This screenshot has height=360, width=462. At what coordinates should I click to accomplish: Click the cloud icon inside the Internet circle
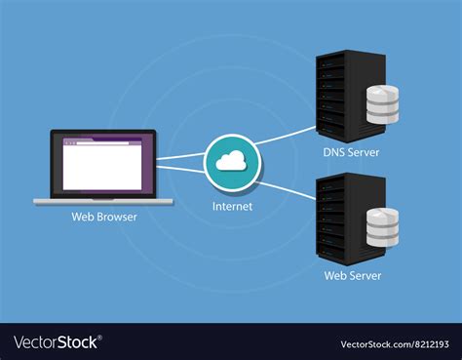pos(232,161)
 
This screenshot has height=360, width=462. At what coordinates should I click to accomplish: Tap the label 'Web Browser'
pos(104,217)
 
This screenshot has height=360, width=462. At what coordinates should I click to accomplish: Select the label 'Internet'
pos(232,206)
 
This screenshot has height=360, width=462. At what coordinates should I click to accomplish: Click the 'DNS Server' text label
pos(351,151)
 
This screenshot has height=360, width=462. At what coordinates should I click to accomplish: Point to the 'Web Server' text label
pos(351,275)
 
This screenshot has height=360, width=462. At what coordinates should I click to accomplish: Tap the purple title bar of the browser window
pos(102,140)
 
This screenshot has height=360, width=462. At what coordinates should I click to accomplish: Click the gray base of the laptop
pos(103,201)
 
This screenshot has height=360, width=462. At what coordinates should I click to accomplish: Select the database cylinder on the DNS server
pos(383,104)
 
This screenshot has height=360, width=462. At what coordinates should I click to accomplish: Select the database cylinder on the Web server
pos(383,227)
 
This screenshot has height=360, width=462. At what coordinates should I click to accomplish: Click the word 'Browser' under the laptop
pos(117,217)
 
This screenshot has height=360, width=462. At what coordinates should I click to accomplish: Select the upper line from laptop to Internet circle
pos(181,155)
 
